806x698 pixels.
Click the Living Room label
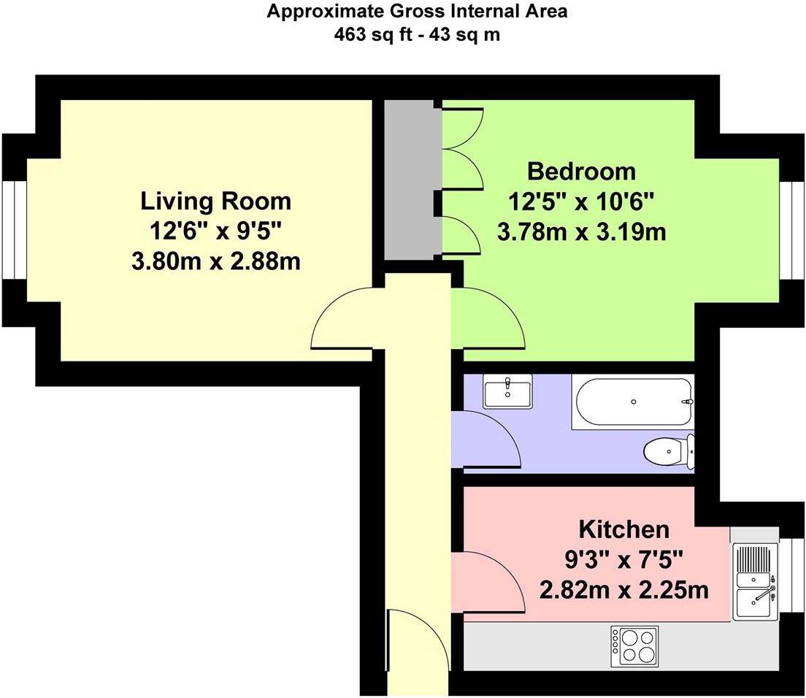pyautogui.click(x=216, y=201)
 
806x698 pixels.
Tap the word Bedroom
pyautogui.click(x=581, y=171)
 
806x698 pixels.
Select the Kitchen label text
pyautogui.click(x=624, y=529)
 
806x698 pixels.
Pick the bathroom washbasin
pyautogui.click(x=507, y=391)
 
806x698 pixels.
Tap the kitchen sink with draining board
pyautogui.click(x=755, y=582)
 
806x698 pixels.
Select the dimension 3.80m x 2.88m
pyautogui.click(x=216, y=262)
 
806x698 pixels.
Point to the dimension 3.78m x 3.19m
pyautogui.click(x=581, y=231)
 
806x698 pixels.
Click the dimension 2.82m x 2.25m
pyautogui.click(x=624, y=589)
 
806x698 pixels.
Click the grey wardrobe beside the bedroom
pyautogui.click(x=413, y=180)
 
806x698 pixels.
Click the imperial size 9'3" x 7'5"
pyautogui.click(x=624, y=560)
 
